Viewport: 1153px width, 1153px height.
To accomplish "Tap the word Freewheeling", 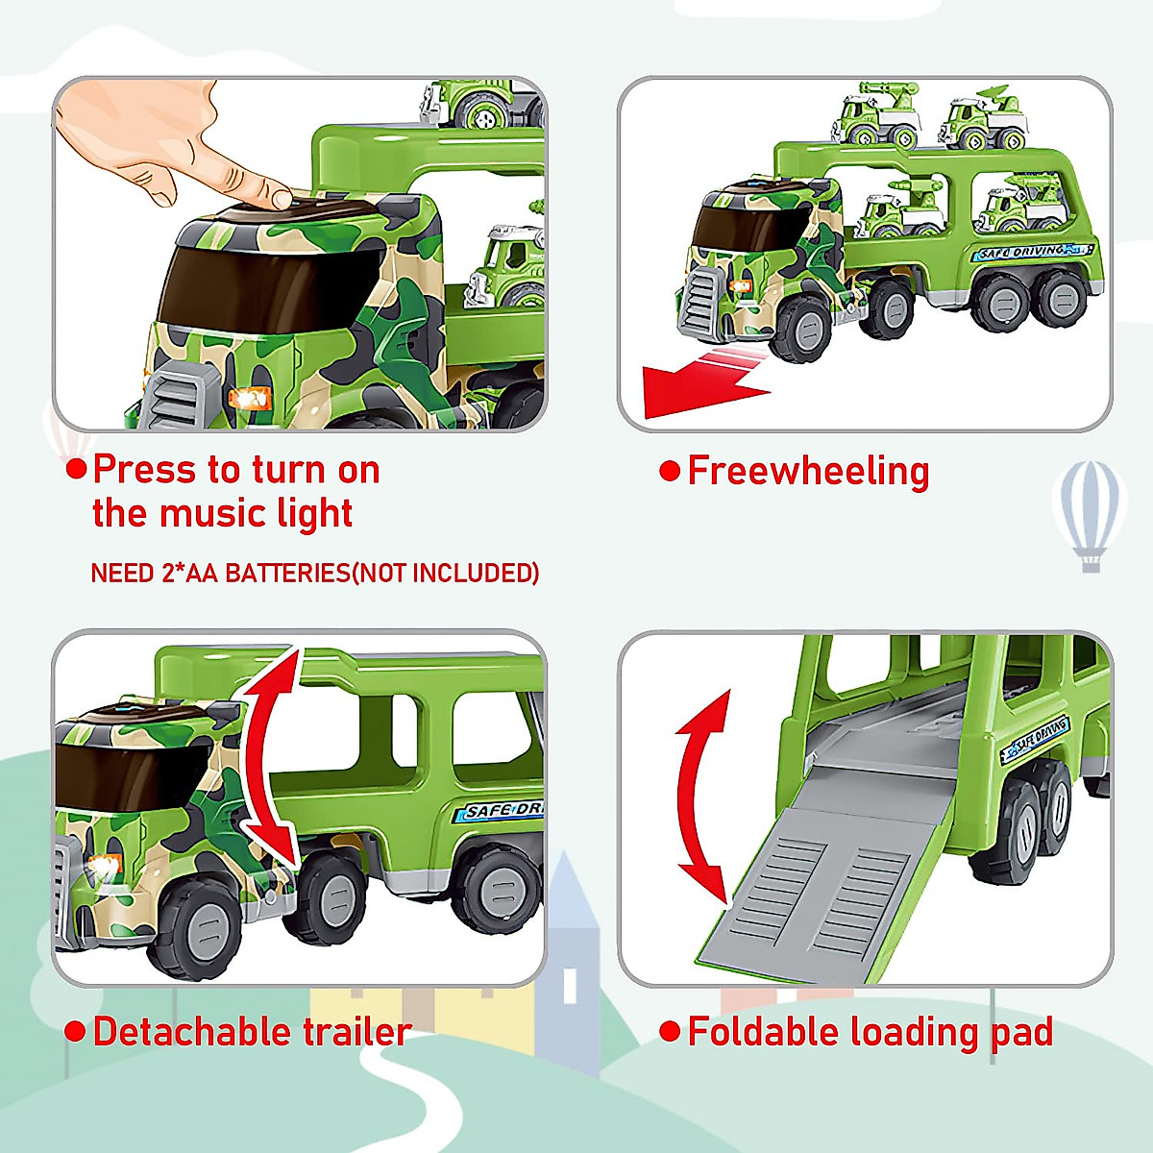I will [x=808, y=471].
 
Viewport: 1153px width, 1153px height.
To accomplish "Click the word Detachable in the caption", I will [x=191, y=1032].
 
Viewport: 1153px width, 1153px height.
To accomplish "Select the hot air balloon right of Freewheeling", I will [x=1090, y=514].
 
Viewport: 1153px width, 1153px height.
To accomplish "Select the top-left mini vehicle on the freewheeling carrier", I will [x=874, y=117].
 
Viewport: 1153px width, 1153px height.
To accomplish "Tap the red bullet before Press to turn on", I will [x=76, y=470].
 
